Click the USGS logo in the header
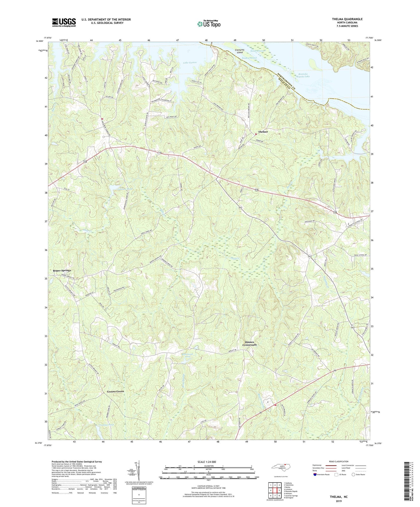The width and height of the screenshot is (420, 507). click(x=64, y=22)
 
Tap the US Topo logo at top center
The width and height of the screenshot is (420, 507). click(x=208, y=24)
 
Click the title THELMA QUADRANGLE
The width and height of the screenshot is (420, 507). click(x=347, y=19)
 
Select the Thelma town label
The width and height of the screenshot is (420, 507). click(x=263, y=132)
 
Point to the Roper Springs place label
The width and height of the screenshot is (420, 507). click(x=62, y=271)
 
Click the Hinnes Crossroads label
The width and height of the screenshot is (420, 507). click(x=250, y=344)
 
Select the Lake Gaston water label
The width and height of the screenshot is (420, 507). click(x=190, y=62)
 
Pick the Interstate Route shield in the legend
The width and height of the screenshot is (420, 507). click(x=315, y=474)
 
